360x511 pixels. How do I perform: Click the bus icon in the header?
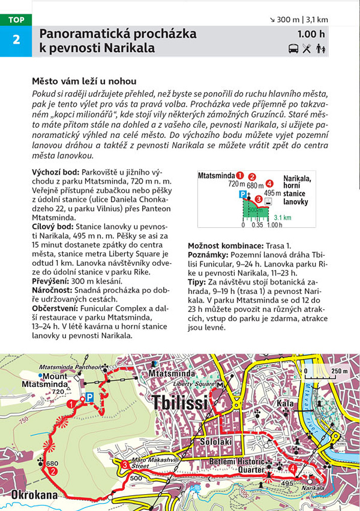click(x=294, y=49)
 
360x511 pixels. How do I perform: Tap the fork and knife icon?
click(x=307, y=49)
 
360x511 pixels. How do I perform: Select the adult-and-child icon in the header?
click(x=321, y=49)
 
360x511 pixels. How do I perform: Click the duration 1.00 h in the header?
click(x=312, y=35)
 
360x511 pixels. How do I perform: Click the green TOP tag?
click(x=16, y=20)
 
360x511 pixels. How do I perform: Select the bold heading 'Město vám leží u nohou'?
click(x=84, y=81)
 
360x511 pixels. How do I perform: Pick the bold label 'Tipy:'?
click(x=197, y=281)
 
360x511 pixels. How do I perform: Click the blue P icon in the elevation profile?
click(x=243, y=194)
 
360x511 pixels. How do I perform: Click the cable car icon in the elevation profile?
click(x=268, y=202)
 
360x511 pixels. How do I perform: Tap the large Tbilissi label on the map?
click(x=180, y=403)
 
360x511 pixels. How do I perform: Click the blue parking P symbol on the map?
click(x=89, y=397)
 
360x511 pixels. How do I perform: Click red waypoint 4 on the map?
click(x=292, y=468)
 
